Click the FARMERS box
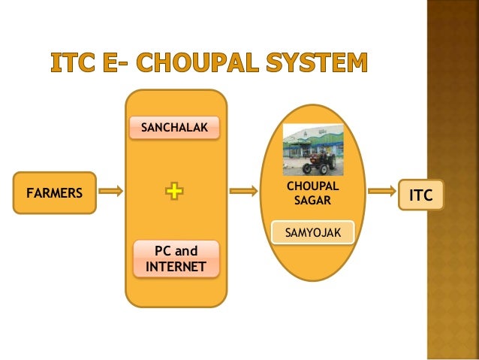pyautogui.click(x=55, y=192)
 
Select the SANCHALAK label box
pyautogui.click(x=175, y=129)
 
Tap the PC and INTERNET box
pyautogui.click(x=176, y=259)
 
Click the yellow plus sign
pyautogui.click(x=174, y=192)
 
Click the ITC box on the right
pyautogui.click(x=421, y=195)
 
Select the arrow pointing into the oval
pyautogui.click(x=242, y=192)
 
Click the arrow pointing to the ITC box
pyautogui.click(x=383, y=192)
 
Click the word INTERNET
pyautogui.click(x=176, y=267)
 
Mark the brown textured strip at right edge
pyautogui.click(x=453, y=180)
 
